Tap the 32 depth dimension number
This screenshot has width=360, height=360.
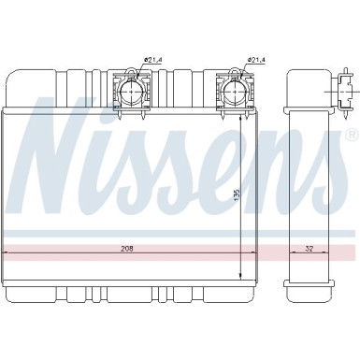click(309, 249)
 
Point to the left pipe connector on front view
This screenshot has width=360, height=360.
click(129, 91)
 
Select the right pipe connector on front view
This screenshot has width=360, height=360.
click(234, 91)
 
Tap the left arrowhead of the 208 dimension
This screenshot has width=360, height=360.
click(7, 254)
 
